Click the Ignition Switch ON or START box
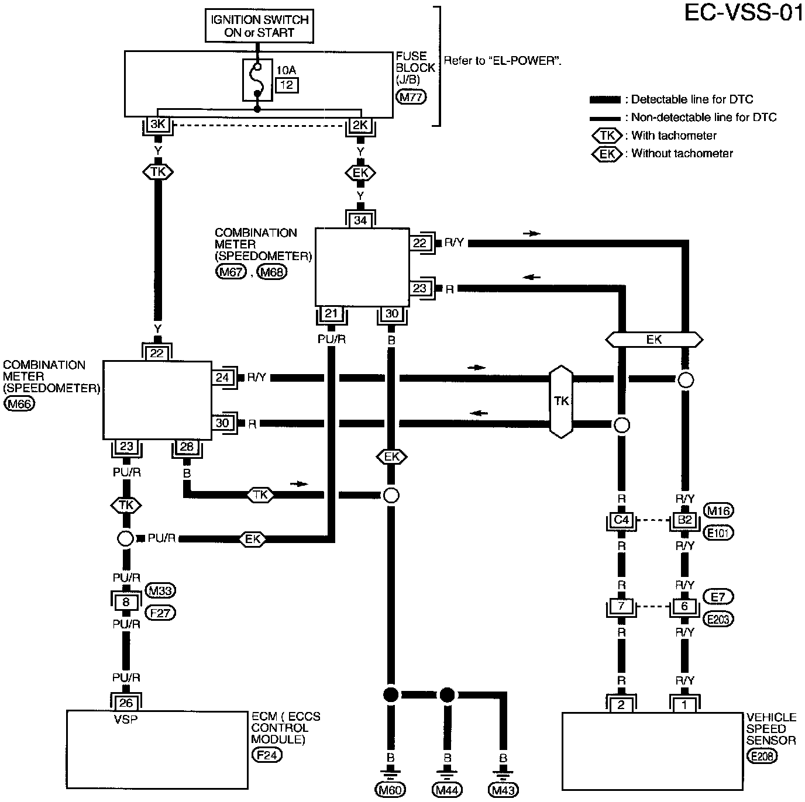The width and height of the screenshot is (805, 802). pyautogui.click(x=259, y=26)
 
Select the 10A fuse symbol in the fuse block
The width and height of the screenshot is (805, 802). pyautogui.click(x=257, y=79)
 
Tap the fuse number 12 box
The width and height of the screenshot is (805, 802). pyautogui.click(x=287, y=85)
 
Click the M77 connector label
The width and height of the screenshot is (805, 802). pyautogui.click(x=411, y=97)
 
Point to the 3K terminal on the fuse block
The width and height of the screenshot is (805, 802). pyautogui.click(x=157, y=125)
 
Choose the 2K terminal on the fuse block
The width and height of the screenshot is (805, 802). pyautogui.click(x=360, y=125)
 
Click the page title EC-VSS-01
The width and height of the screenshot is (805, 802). pyautogui.click(x=744, y=12)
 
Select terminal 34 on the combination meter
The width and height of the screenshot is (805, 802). pyautogui.click(x=360, y=220)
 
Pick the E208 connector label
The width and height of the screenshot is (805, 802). pyautogui.click(x=762, y=756)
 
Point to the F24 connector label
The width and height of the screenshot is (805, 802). pyautogui.click(x=267, y=755)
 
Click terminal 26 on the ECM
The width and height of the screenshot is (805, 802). pyautogui.click(x=126, y=703)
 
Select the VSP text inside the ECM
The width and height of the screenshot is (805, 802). pyautogui.click(x=126, y=720)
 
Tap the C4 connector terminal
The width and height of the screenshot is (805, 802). pyautogui.click(x=621, y=520)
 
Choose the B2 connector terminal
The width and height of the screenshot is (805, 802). pyautogui.click(x=684, y=520)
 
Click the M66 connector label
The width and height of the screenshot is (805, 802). pyautogui.click(x=19, y=404)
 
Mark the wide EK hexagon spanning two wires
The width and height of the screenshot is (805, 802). pyautogui.click(x=654, y=340)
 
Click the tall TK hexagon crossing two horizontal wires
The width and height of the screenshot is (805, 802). pyautogui.click(x=561, y=402)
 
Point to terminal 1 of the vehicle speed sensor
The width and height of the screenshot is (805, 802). pyautogui.click(x=684, y=705)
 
